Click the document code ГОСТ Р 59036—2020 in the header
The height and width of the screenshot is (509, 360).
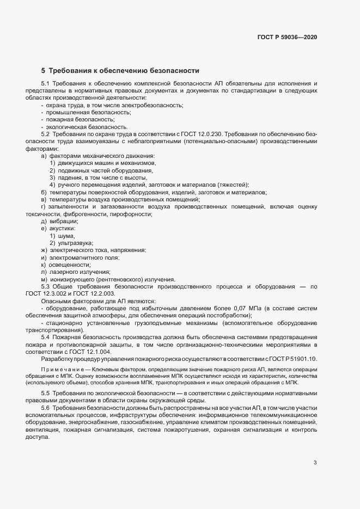pyautogui.click(x=286, y=37)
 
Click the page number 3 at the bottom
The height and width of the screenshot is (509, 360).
pyautogui.click(x=315, y=463)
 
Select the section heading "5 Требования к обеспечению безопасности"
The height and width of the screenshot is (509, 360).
pyautogui.click(x=120, y=71)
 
